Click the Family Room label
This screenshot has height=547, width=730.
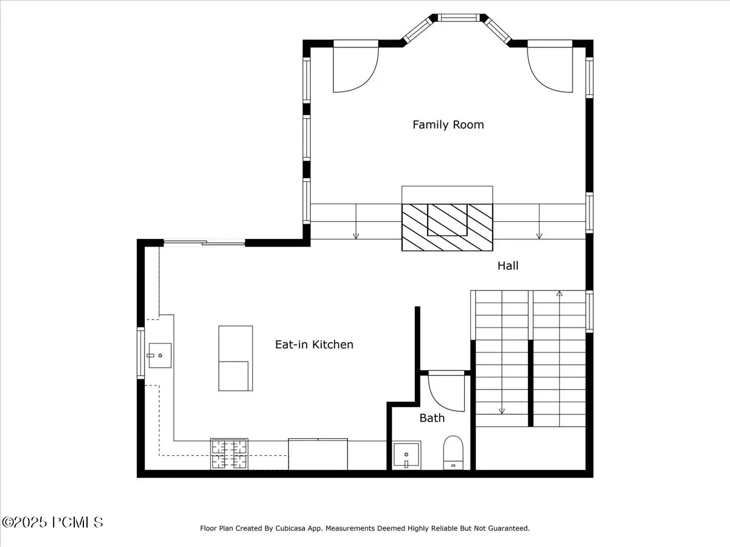pyautogui.click(x=448, y=125)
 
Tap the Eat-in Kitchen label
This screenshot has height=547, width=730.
pyautogui.click(x=314, y=345)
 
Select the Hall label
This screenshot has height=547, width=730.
pyautogui.click(x=508, y=266)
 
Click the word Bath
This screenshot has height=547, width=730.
pyautogui.click(x=432, y=418)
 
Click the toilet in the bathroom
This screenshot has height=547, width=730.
pyautogui.click(x=453, y=453)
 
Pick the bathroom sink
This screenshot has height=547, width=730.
pyautogui.click(x=406, y=455)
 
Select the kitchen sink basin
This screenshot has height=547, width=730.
pyautogui.click(x=160, y=356)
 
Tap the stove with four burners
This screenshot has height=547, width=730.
pyautogui.click(x=229, y=453)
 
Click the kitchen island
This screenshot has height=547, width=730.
pyautogui.click(x=235, y=358)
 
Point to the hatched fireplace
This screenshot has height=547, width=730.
pyautogui.click(x=447, y=227)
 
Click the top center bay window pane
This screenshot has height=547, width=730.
pyautogui.click(x=459, y=18)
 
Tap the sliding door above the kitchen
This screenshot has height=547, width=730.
pyautogui.click(x=204, y=243)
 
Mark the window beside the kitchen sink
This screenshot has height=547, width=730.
pyautogui.click(x=141, y=353)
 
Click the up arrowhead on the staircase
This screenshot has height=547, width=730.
pyautogui.click(x=560, y=294)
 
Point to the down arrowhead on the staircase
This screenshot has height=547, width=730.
pyautogui.click(x=502, y=411)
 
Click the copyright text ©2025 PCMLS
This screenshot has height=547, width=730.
pyautogui.click(x=52, y=523)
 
